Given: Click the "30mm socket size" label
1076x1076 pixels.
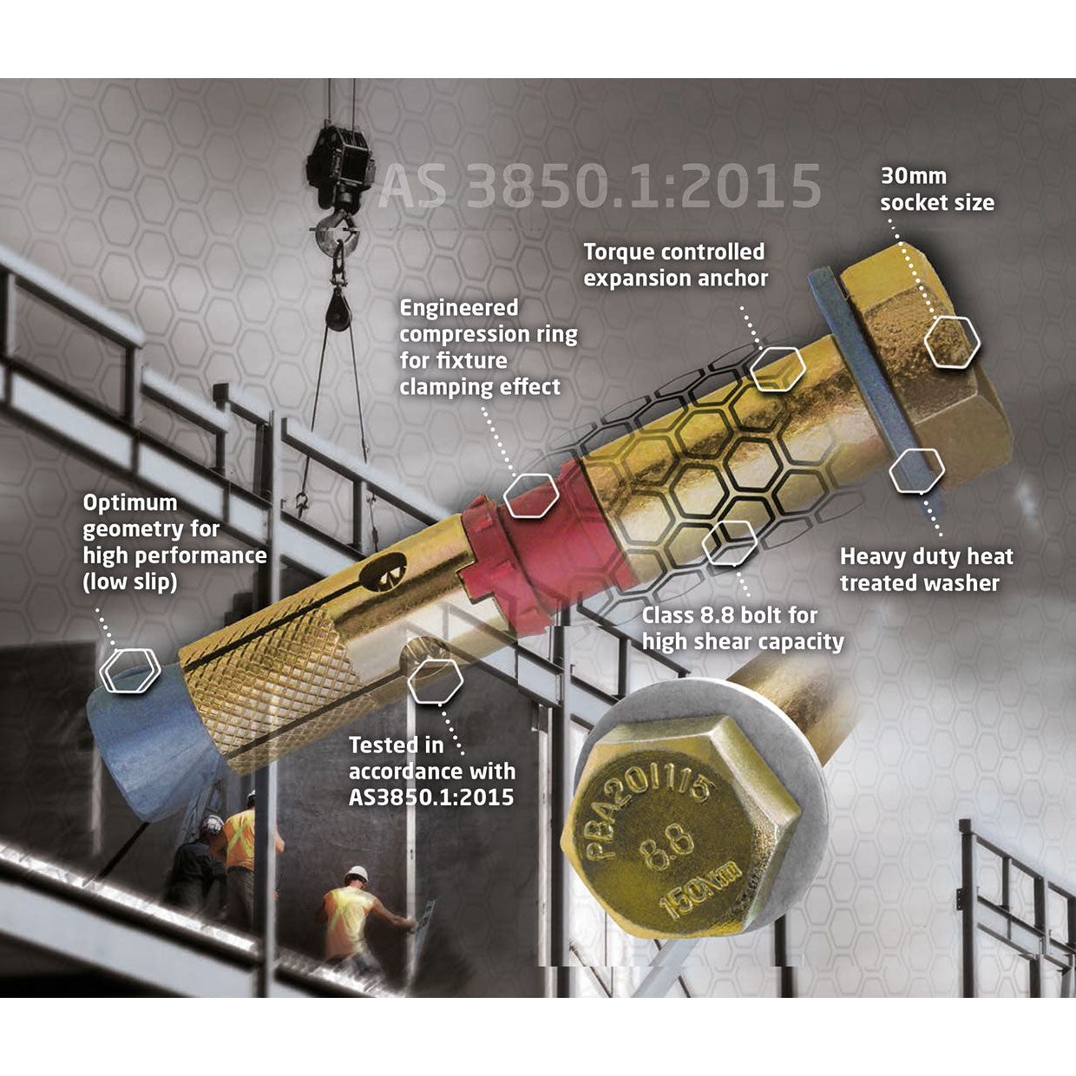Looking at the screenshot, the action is (937, 189).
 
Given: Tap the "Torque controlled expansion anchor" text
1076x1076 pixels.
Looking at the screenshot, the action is (675, 265).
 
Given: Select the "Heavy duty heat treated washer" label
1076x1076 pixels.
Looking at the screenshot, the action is (927, 569).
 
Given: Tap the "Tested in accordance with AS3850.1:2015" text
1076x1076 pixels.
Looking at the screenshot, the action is (431, 771).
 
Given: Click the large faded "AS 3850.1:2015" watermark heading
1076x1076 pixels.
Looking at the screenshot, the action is (600, 186).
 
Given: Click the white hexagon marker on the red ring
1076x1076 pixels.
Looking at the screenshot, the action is (531, 495).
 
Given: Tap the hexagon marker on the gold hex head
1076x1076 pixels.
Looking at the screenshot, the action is (952, 341).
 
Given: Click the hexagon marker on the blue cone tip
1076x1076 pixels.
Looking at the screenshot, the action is (130, 671).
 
